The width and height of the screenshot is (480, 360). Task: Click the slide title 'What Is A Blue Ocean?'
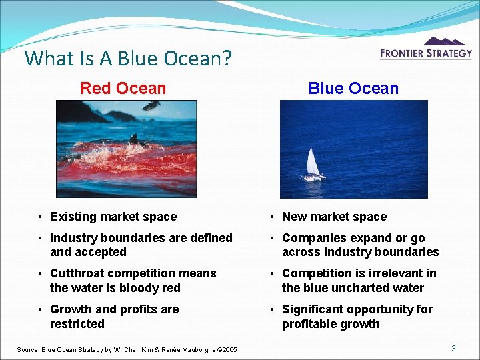[x=128, y=59]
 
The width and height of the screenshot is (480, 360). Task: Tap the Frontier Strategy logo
[x=425, y=49]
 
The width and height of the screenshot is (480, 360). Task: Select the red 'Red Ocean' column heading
[x=123, y=88]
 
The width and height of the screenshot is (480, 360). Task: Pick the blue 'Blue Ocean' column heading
[x=353, y=88]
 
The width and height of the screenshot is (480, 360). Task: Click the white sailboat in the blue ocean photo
[x=313, y=164]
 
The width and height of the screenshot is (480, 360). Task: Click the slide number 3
[x=453, y=348]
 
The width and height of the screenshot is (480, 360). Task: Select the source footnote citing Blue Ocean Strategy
[x=127, y=349]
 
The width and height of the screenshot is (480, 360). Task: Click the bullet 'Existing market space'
[x=113, y=217]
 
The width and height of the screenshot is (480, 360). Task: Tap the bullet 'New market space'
[x=334, y=217]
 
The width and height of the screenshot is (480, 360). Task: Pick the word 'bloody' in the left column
[x=135, y=288]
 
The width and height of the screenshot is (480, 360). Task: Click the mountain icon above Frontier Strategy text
[x=445, y=41]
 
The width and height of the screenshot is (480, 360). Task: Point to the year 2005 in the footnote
[x=227, y=349]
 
